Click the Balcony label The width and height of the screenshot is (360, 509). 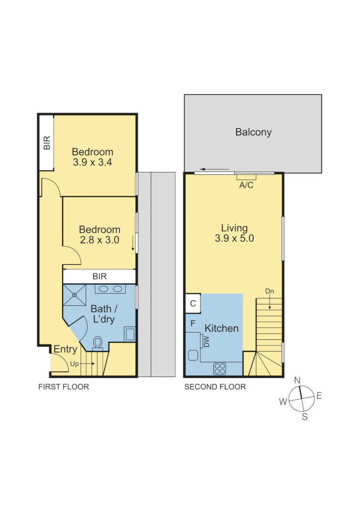[253, 132]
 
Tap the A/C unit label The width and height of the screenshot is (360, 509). [246, 185]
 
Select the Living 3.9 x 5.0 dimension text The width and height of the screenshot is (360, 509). [234, 238]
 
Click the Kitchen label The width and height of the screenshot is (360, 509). [221, 328]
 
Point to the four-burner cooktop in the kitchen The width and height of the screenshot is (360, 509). [220, 368]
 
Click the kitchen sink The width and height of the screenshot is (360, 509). [193, 355]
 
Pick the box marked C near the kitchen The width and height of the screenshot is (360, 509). [193, 304]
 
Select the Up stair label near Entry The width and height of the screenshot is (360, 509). [74, 364]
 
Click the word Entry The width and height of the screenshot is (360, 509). [65, 349]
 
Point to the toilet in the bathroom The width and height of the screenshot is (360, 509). [98, 342]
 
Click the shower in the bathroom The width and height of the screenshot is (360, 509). [74, 295]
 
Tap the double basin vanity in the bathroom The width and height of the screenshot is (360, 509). [110, 289]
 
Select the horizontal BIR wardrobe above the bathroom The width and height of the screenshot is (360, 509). [99, 276]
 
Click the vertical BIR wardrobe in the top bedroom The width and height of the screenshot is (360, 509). [46, 143]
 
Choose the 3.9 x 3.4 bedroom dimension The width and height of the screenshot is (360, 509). [92, 162]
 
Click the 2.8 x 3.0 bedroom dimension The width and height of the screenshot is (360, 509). [99, 240]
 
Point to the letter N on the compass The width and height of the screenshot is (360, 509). [297, 380]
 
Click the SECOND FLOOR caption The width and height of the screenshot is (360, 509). [215, 387]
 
